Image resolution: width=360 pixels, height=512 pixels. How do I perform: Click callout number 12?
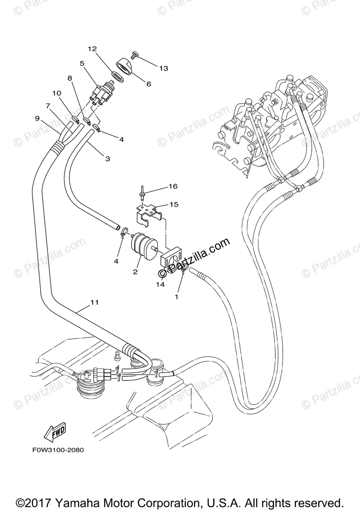click(92, 49)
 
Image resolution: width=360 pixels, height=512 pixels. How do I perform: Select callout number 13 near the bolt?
click(164, 68)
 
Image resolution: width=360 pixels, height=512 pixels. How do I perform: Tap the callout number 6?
click(149, 84)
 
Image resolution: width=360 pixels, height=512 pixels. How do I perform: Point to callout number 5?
click(82, 63)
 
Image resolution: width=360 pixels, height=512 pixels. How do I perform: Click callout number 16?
click(173, 186)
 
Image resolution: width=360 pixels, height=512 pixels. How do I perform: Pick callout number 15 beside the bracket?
click(173, 204)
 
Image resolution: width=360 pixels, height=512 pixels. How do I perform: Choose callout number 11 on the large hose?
click(94, 302)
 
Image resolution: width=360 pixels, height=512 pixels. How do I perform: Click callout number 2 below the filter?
click(135, 272)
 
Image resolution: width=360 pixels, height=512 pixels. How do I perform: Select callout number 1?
click(177, 295)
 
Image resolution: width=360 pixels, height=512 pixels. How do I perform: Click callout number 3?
click(107, 158)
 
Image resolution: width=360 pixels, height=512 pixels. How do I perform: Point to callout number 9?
click(37, 118)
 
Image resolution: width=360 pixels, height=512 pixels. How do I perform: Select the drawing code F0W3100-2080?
click(58, 450)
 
